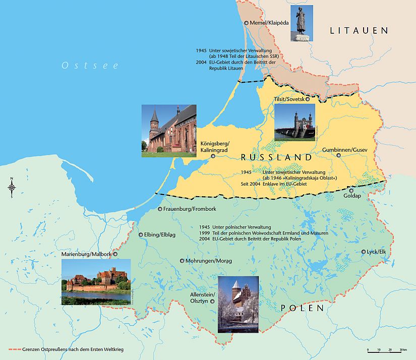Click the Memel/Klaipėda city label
pyautogui.click(x=268, y=23)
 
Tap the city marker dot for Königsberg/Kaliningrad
pyautogui.click(x=213, y=156)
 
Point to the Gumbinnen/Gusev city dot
pyautogui.click(x=339, y=155)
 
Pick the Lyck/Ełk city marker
pyautogui.click(x=364, y=252)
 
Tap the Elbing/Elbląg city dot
pyautogui.click(x=141, y=234)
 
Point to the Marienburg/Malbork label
pyautogui.click(x=86, y=255)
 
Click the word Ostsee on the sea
pyautogui.click(x=80, y=65)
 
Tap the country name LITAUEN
pyautogui.click(x=359, y=31)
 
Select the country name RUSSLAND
pyautogui.click(x=276, y=157)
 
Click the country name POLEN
pyautogui.click(x=302, y=308)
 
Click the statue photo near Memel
pyautogui.click(x=302, y=23)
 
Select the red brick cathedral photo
pyautogui.click(x=168, y=131)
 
